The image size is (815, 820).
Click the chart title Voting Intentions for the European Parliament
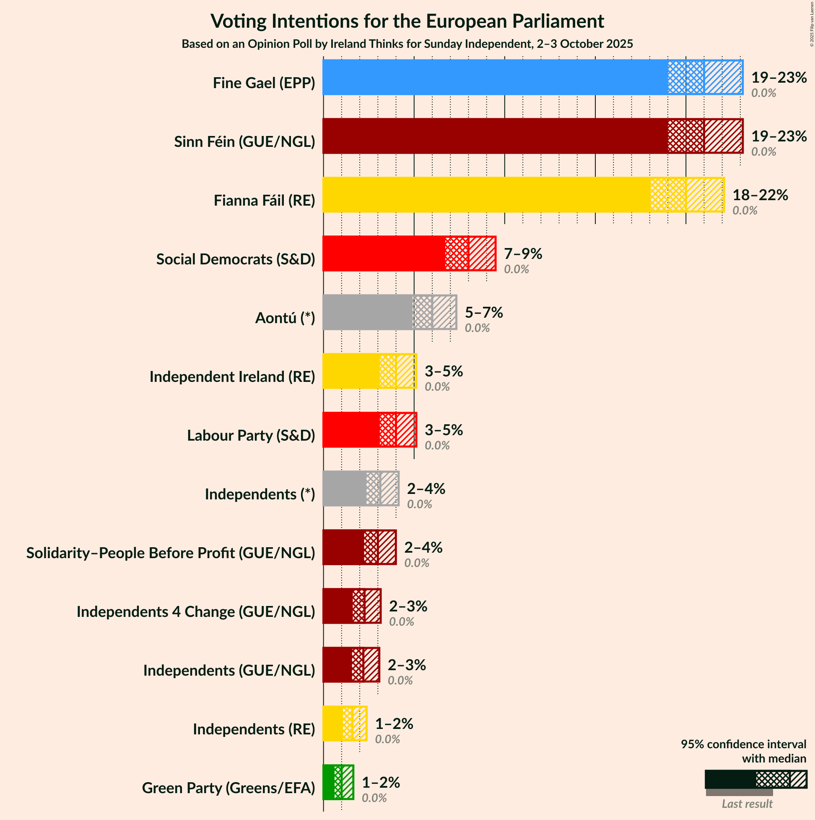click(x=407, y=21)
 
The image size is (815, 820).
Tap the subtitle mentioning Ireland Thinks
click(x=407, y=44)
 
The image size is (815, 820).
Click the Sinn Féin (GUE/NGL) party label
click(x=244, y=142)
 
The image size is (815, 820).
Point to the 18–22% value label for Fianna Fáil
click(x=760, y=195)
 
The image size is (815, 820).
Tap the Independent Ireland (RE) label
click(x=232, y=377)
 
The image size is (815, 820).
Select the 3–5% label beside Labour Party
click(x=444, y=430)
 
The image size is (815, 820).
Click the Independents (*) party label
click(x=260, y=494)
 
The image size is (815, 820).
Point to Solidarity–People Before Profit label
click(x=171, y=553)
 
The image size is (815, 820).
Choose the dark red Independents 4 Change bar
click(x=337, y=606)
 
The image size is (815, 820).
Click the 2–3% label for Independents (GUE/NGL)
click(x=406, y=665)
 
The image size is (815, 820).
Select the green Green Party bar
click(x=328, y=782)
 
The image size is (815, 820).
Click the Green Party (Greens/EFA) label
click(x=228, y=788)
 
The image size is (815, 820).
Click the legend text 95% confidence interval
click(x=743, y=744)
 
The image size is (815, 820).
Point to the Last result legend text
click(x=747, y=804)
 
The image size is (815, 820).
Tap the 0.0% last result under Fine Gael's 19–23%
click(x=763, y=93)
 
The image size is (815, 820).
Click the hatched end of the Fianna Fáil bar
click(x=704, y=195)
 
